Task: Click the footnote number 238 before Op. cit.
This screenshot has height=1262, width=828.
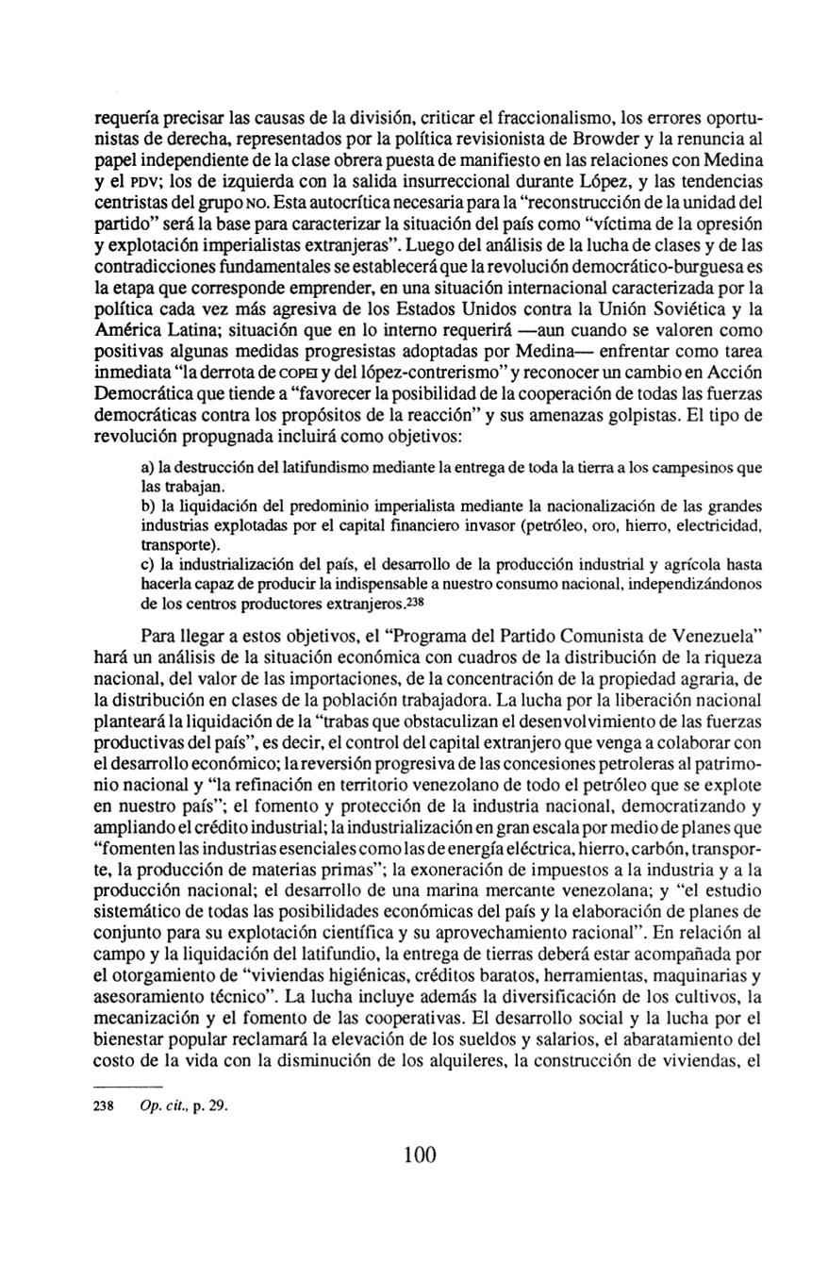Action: click(104, 1100)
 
